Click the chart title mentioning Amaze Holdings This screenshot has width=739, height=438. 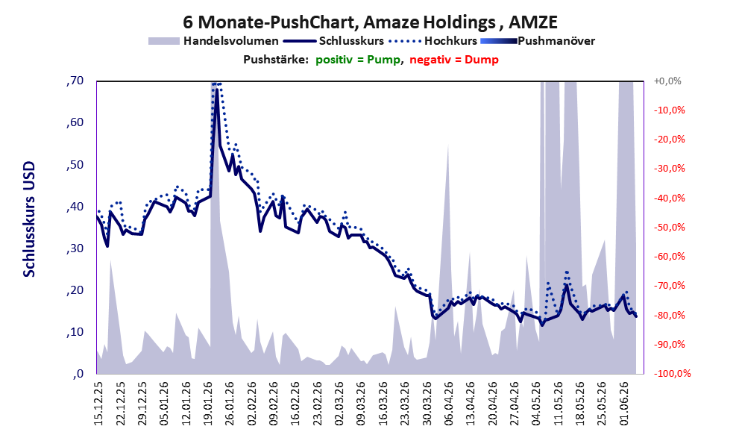click(x=370, y=22)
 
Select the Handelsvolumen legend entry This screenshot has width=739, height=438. click(x=213, y=41)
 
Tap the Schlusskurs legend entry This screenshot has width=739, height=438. click(x=333, y=41)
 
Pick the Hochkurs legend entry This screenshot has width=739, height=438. click(x=433, y=41)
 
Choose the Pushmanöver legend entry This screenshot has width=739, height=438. click(x=538, y=41)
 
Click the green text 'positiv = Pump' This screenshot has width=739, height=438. click(x=359, y=60)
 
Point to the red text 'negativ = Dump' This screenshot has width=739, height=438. click(x=454, y=60)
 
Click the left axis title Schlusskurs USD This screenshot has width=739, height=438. click(x=29, y=219)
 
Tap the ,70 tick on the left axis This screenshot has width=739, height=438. click(x=75, y=81)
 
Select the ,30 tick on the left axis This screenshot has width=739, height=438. click(x=75, y=248)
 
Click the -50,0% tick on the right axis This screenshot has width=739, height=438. click(x=669, y=228)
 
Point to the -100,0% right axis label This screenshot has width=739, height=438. click(x=672, y=373)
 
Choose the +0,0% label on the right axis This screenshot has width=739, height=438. click(x=667, y=81)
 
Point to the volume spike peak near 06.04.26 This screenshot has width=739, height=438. click(x=447, y=143)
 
